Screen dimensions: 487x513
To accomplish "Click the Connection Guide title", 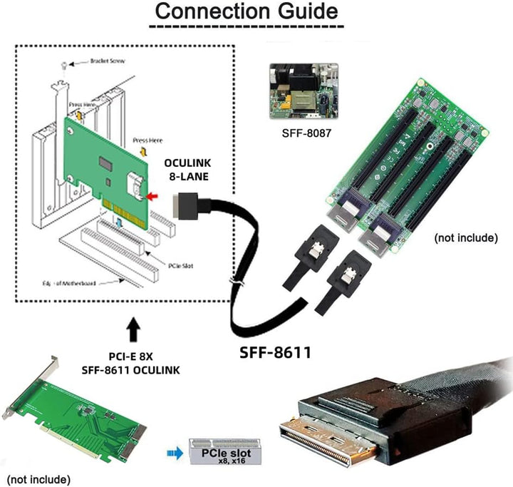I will click(x=247, y=12).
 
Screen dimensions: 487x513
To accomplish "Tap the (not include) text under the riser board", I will click(x=465, y=237).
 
